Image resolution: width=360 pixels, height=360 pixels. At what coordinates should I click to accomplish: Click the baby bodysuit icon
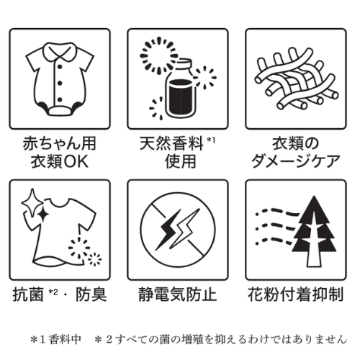(60, 79)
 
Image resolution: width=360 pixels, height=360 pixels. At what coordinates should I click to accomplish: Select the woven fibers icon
(296, 79)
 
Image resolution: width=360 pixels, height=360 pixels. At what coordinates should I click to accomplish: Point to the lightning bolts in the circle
(178, 230)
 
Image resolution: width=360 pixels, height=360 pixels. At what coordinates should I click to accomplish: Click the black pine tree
(314, 232)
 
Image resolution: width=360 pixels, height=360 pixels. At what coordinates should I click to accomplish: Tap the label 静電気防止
(178, 294)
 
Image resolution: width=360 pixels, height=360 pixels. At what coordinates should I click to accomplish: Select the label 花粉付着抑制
(295, 294)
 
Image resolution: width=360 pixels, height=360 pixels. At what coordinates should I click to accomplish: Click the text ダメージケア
(296, 161)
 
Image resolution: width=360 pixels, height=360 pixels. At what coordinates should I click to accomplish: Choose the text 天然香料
(171, 143)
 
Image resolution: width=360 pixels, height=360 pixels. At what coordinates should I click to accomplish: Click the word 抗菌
(28, 294)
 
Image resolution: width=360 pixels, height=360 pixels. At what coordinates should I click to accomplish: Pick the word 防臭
(91, 294)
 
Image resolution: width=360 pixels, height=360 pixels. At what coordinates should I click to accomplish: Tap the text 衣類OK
(60, 161)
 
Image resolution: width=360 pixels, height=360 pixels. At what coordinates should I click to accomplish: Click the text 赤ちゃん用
(60, 143)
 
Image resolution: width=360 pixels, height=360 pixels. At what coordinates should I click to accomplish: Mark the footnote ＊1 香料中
(56, 340)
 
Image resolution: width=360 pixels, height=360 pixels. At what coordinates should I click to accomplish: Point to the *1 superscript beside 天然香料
(211, 140)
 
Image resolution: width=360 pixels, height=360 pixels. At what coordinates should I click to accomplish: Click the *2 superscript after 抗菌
(53, 292)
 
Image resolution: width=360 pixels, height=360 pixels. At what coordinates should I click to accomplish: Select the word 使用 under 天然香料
(181, 161)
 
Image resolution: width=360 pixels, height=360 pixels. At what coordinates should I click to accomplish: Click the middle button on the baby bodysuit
(60, 84)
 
